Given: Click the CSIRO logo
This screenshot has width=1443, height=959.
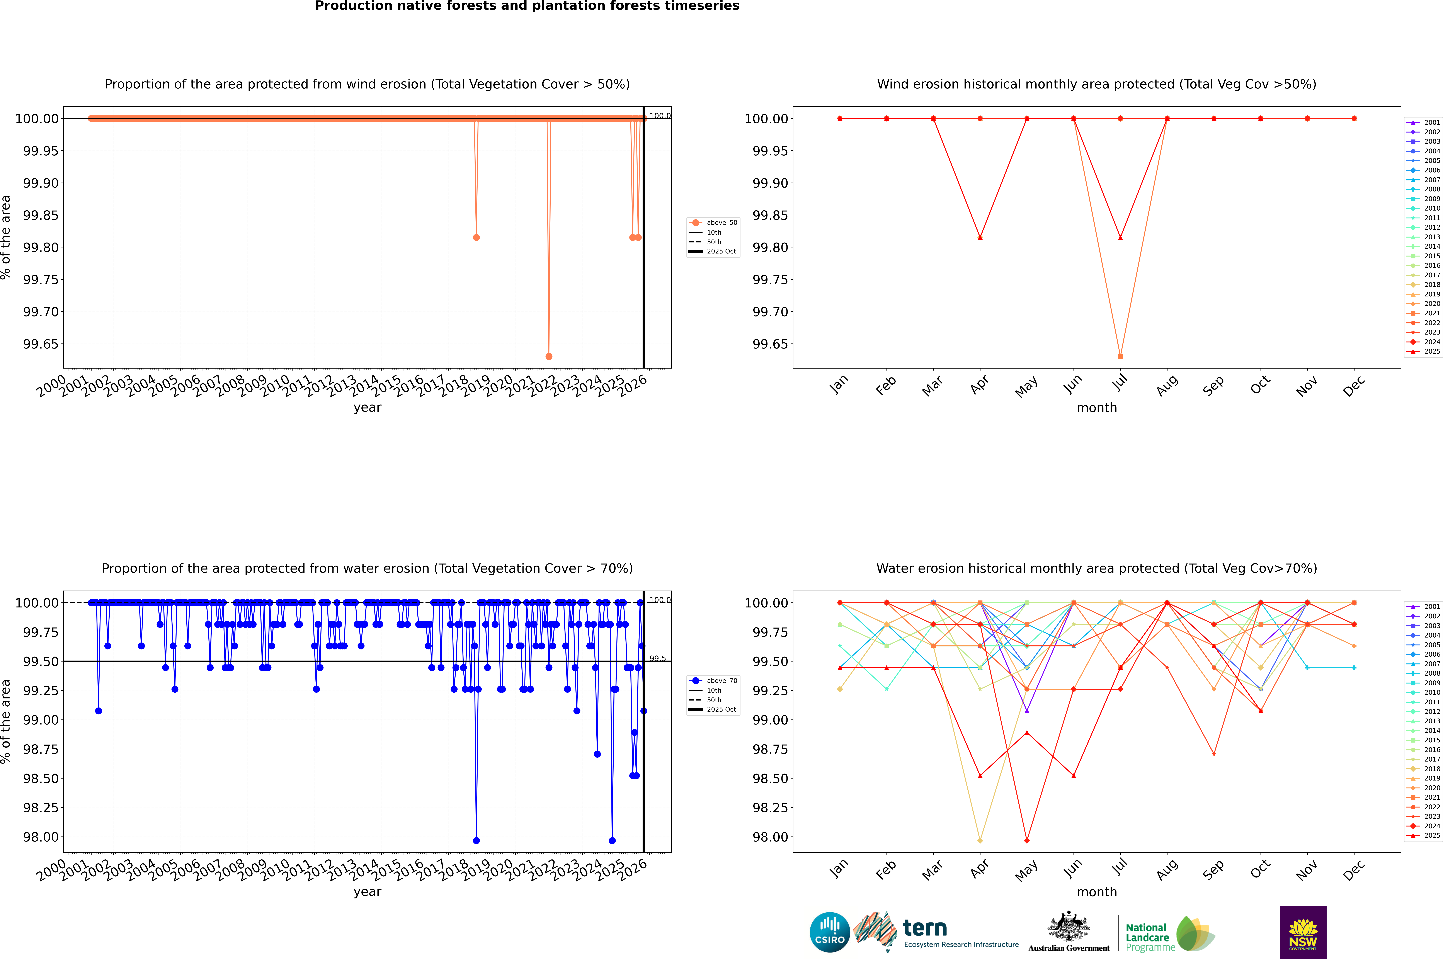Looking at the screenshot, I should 829,932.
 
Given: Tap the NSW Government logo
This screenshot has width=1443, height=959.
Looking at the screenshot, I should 1303,932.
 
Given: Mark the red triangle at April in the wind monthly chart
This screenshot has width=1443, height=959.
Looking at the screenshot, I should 980,237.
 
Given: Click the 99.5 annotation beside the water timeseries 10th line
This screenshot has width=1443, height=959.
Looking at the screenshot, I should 658,659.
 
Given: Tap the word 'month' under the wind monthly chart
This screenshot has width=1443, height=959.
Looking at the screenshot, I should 1096,408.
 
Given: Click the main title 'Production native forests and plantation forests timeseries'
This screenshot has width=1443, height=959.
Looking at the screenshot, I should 527,6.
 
